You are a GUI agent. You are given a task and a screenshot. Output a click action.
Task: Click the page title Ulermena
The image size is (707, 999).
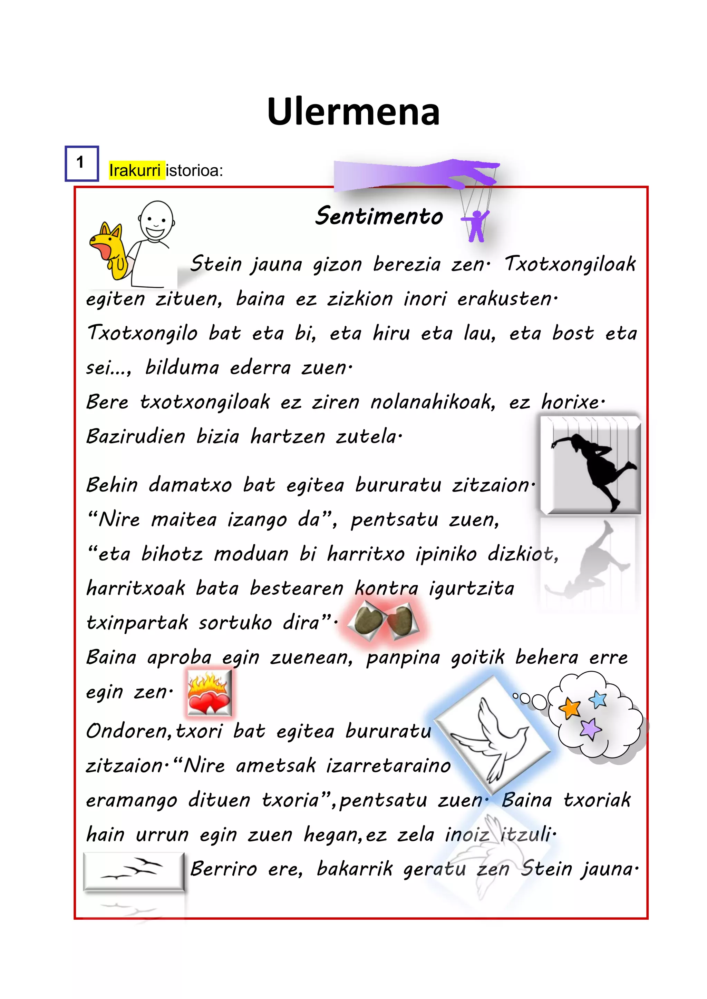coord(353,112)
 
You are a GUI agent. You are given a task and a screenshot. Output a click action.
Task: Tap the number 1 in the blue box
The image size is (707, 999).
coord(80,163)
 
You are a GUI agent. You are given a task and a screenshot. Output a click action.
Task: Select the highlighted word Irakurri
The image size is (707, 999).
coord(135,170)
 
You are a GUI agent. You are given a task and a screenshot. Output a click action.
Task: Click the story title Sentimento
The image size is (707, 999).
coord(379,216)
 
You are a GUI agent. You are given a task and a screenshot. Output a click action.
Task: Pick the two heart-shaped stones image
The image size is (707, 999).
coord(382,620)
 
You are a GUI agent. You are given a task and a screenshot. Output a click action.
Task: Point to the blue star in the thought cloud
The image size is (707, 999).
coord(599,699)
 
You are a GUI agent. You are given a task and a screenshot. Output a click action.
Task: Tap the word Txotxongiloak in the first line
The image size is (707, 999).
coord(570,264)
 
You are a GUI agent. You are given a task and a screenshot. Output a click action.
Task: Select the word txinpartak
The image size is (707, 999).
coord(137,623)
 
